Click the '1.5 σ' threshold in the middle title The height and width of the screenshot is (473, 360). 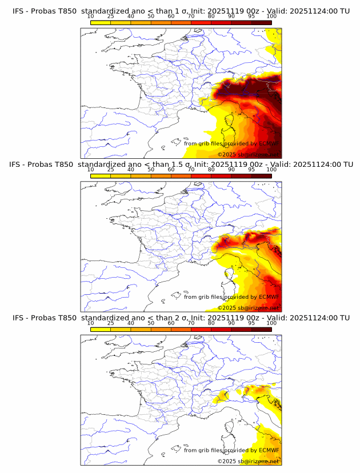click(187, 165)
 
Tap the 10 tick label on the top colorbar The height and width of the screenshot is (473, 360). click(90, 17)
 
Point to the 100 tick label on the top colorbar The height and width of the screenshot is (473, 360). click(271, 17)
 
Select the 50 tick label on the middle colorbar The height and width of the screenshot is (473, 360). click(151, 170)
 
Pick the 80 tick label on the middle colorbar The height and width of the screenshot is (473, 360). click(211, 170)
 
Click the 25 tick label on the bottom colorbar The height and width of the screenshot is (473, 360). click(110, 323)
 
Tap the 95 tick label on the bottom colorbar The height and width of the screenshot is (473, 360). click(251, 323)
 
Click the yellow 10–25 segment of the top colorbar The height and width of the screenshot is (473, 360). click(100, 22)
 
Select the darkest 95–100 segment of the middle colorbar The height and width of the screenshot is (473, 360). click(261, 175)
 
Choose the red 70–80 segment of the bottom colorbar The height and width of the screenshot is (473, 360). click(201, 328)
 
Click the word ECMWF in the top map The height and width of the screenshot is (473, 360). click(269, 144)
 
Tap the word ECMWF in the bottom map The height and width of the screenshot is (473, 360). click(269, 450)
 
